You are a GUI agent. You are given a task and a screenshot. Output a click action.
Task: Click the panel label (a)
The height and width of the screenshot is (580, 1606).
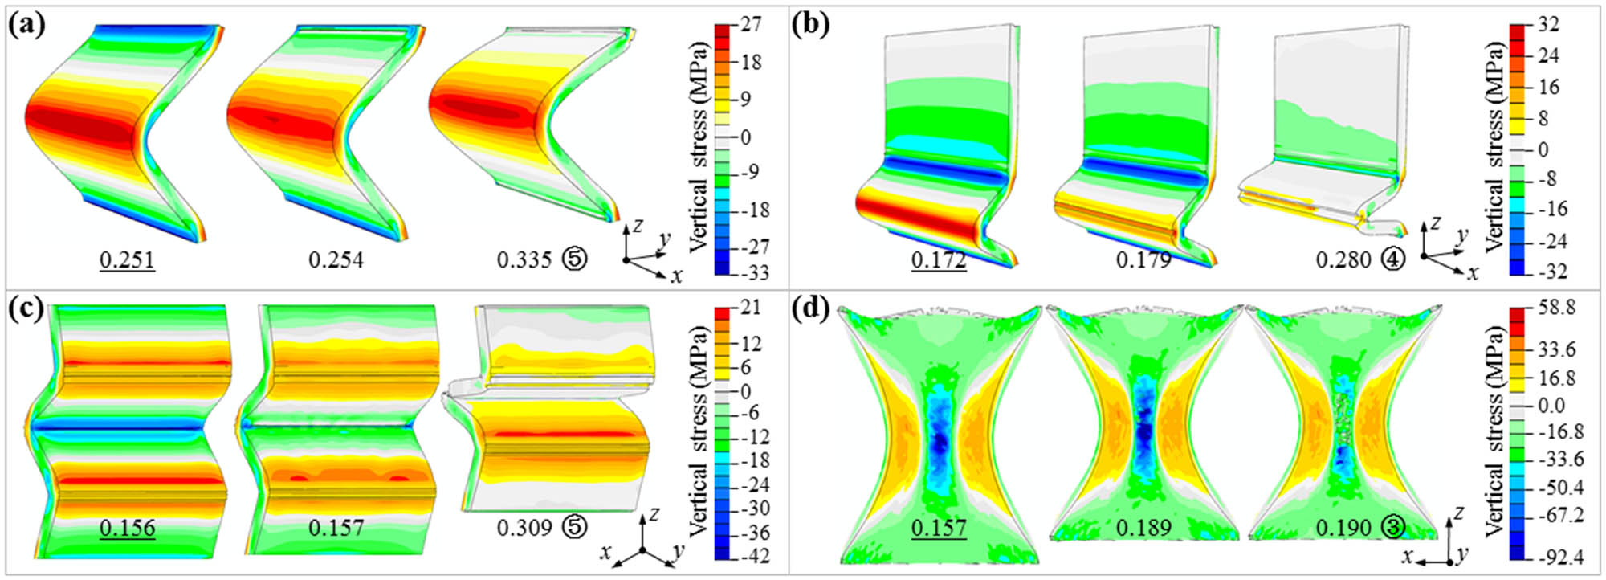tap(26, 25)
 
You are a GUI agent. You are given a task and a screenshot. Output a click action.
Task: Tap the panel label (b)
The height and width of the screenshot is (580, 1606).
tap(812, 25)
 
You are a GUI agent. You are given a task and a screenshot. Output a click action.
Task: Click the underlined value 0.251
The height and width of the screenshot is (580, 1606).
tap(127, 260)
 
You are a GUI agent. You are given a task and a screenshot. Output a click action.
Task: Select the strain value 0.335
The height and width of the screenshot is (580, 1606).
tap(524, 260)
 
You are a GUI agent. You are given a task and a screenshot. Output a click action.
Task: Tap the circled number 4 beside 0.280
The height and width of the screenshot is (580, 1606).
tap(1394, 260)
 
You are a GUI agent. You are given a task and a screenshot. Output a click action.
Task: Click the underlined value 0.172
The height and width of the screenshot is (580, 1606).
tap(939, 260)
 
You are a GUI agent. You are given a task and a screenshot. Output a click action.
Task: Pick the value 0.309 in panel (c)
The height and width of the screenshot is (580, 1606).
tap(524, 528)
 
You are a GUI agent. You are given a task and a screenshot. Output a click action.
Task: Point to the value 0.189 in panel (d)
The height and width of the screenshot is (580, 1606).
tap(1143, 528)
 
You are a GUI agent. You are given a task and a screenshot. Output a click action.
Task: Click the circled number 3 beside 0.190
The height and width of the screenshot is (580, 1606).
tap(1394, 528)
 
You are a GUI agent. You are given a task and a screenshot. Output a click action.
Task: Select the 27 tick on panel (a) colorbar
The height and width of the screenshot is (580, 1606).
tap(751, 24)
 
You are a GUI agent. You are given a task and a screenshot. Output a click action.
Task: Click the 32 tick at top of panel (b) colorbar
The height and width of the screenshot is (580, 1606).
tap(1547, 24)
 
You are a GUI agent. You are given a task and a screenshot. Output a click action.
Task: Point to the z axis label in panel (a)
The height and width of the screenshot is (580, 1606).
tap(638, 226)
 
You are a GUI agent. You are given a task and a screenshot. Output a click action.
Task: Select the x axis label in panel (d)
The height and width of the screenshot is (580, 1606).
tap(1407, 556)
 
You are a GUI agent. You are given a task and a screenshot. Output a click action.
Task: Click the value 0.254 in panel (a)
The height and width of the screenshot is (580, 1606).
tap(336, 260)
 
